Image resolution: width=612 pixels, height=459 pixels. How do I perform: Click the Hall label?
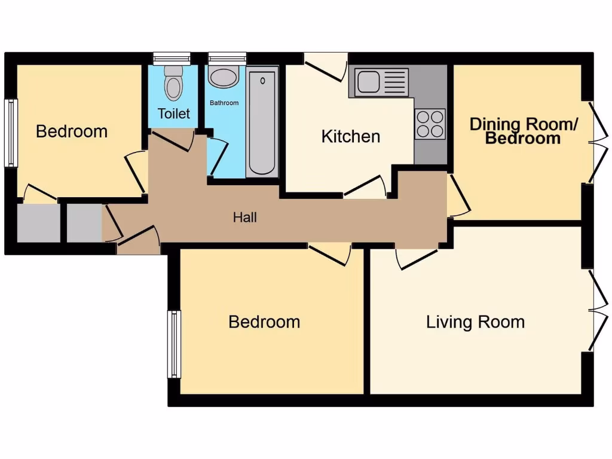pos(245,218)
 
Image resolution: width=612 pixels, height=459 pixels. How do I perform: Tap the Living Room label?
pos(475,322)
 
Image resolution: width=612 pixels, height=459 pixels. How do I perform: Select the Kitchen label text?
pos(350,136)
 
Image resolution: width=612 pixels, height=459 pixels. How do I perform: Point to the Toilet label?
pos(174,114)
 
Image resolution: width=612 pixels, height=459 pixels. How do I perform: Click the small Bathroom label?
pos(224,103)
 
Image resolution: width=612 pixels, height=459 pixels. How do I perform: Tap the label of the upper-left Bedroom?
pos(72,131)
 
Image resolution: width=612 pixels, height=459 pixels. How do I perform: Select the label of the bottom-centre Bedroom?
pos(264,322)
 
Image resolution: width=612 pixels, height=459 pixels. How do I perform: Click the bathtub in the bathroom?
pos(262,122)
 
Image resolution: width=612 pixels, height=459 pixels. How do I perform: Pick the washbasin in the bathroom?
pos(224,77)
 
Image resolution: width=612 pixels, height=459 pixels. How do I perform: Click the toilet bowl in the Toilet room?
pos(174,84)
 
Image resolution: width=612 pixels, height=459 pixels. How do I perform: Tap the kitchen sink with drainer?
pos(382,82)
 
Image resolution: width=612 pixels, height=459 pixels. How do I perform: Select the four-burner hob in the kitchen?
pos(430,124)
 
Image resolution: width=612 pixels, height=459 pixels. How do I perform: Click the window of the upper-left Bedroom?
pos(10,133)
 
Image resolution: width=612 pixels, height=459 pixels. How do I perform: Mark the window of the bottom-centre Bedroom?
pos(174,344)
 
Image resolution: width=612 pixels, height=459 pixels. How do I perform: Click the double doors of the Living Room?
pos(592,310)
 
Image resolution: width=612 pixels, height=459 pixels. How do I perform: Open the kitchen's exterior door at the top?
pos(326,66)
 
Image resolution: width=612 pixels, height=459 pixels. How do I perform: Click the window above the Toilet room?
pos(172,58)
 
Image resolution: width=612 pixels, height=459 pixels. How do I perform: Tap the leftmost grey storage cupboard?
pos(39,223)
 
